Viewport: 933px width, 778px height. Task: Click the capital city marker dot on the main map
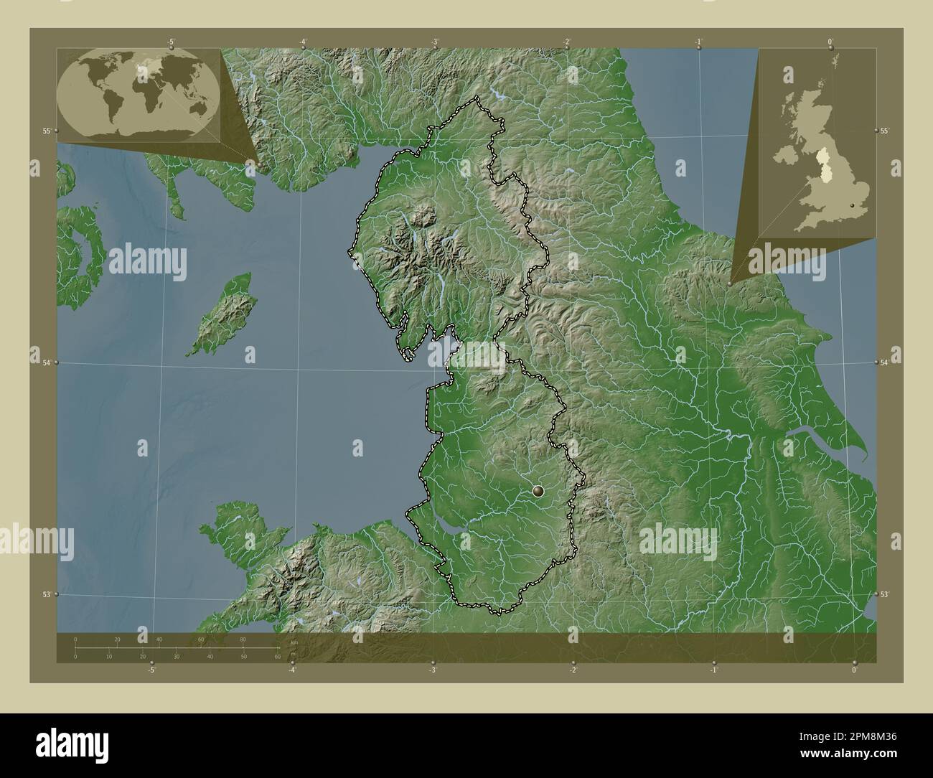coord(539,491)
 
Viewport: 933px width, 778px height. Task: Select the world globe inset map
coord(139,95)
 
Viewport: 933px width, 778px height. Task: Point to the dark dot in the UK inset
coord(852,206)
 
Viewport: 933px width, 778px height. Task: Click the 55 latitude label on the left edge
coord(46,131)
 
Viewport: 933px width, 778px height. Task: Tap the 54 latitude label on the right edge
coord(885,363)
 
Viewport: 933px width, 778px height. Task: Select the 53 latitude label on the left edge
coord(46,594)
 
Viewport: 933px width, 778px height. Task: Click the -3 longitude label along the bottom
coord(432,670)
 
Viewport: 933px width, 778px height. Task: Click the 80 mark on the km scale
coord(243,639)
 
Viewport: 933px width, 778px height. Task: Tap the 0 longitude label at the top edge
coord(830,42)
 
